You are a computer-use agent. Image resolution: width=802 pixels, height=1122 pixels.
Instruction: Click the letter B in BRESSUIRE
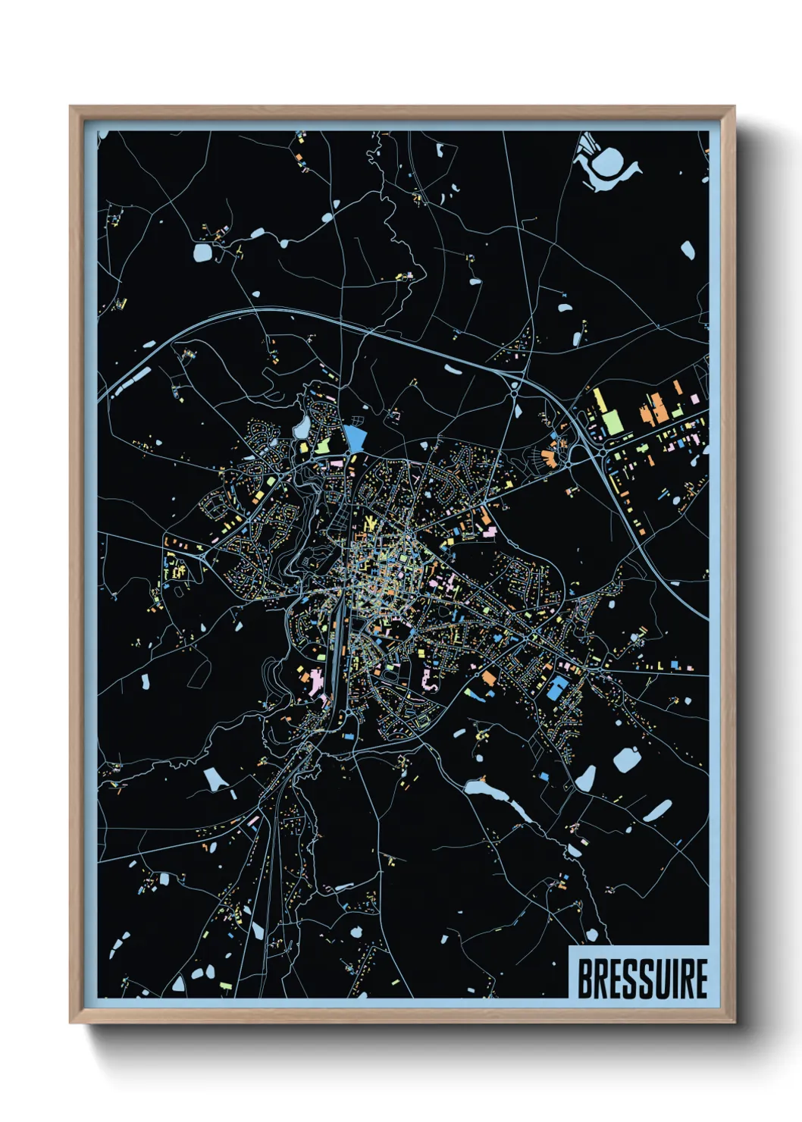586,979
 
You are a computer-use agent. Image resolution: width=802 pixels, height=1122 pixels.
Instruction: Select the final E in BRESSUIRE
700,979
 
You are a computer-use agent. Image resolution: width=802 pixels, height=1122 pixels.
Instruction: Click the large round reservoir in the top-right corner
608,161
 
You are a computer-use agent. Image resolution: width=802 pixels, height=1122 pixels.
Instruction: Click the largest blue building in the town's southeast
556,688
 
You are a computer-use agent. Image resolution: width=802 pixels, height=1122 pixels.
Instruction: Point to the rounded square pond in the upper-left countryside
203,252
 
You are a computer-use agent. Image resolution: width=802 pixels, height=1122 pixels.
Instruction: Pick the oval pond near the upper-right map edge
688,250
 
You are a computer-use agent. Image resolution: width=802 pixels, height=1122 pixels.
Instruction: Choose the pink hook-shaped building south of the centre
429,680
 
